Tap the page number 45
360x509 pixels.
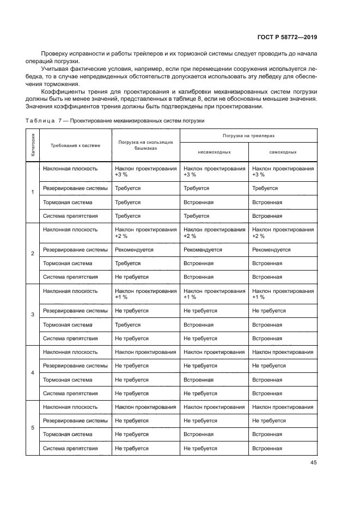pyautogui.click(x=313, y=463)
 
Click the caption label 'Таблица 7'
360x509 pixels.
pyautogui.click(x=46, y=120)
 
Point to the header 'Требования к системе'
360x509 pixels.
pyautogui.click(x=75, y=145)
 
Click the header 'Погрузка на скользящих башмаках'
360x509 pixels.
pyautogui.click(x=145, y=145)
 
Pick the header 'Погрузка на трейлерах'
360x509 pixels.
pyautogui.click(x=248, y=135)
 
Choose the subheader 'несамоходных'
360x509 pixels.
pyautogui.click(x=214, y=152)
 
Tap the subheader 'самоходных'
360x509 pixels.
pyautogui.click(x=283, y=152)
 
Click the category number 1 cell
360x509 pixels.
pyautogui.click(x=33, y=192)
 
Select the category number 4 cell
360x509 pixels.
pyautogui.click(x=33, y=373)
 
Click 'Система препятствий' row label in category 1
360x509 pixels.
pyautogui.click(x=70, y=216)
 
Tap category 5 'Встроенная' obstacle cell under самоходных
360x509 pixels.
pyautogui.click(x=267, y=449)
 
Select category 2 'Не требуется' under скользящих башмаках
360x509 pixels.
pyautogui.click(x=132, y=277)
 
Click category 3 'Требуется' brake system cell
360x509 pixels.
pyautogui.click(x=128, y=325)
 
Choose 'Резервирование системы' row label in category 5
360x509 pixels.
pyautogui.click(x=75, y=421)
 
